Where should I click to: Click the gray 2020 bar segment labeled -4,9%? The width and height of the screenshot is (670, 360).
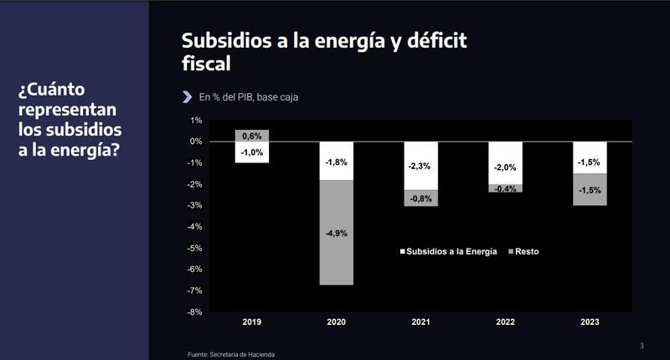click(x=336, y=233)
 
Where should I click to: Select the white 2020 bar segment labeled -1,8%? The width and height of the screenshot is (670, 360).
click(x=336, y=161)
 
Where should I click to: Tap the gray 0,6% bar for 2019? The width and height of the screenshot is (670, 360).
click(x=252, y=135)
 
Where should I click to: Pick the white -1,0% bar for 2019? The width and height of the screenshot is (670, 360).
click(x=252, y=152)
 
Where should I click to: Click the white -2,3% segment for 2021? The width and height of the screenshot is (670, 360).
click(x=420, y=166)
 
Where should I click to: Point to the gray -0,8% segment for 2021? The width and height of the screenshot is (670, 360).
click(x=420, y=198)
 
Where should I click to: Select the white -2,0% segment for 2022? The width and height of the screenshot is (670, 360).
click(x=505, y=163)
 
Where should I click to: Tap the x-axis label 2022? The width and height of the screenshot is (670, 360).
click(x=505, y=321)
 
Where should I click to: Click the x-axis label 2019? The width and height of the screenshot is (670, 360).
click(x=252, y=321)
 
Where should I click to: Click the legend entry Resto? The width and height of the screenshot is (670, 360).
click(x=525, y=251)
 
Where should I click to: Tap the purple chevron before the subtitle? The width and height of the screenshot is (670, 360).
click(x=187, y=96)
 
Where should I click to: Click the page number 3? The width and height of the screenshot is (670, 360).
click(x=642, y=346)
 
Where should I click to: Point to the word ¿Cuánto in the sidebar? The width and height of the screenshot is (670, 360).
click(x=52, y=90)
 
